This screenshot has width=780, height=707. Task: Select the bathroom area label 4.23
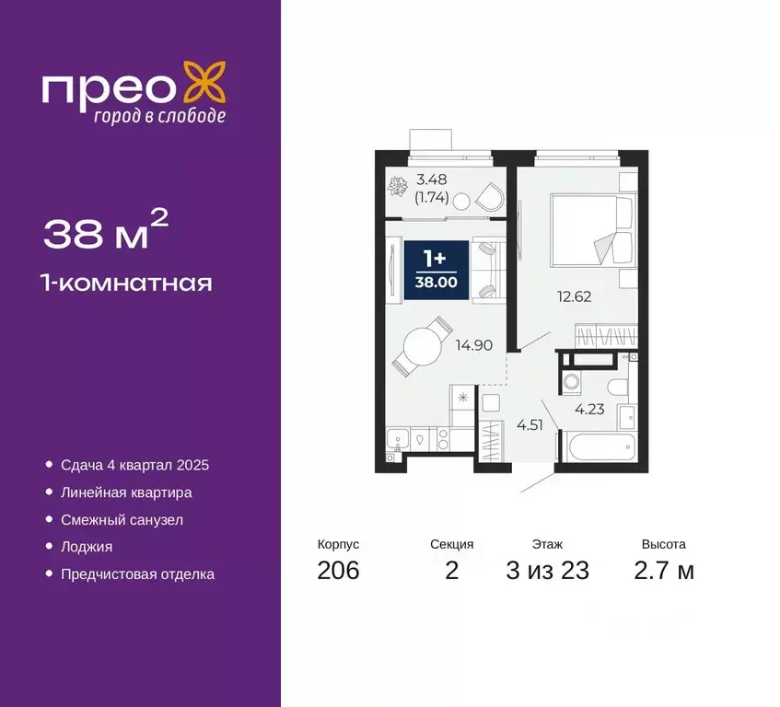(589, 411)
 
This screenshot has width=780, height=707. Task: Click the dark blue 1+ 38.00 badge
(437, 268)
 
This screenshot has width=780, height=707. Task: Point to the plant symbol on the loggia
(398, 188)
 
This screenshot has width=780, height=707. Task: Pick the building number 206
(338, 571)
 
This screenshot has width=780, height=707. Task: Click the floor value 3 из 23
(547, 571)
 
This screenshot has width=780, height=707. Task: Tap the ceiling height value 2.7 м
(665, 571)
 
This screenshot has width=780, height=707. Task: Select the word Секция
(451, 544)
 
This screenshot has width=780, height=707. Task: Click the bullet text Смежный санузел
(122, 520)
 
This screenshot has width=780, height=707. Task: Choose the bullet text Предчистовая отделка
(137, 574)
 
